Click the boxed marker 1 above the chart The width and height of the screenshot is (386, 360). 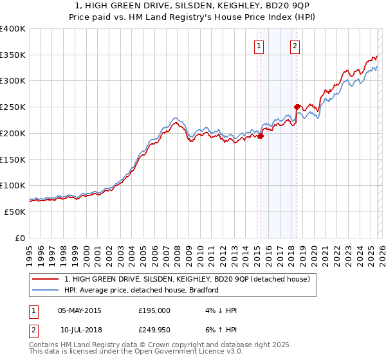pyautogui.click(x=259, y=45)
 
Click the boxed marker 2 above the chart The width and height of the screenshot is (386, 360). pyautogui.click(x=295, y=45)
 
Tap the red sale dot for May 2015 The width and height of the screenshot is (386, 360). pyautogui.click(x=261, y=136)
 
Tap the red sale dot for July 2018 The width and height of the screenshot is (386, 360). pyautogui.click(x=297, y=107)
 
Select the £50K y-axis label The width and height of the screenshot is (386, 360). pyautogui.click(x=14, y=212)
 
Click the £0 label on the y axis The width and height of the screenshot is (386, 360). pyautogui.click(x=21, y=238)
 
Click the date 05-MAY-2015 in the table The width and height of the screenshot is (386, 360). pyautogui.click(x=79, y=310)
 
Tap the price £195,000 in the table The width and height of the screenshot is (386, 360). pyautogui.click(x=154, y=310)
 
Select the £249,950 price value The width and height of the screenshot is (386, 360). pyautogui.click(x=154, y=330)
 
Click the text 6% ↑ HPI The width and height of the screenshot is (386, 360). pyautogui.click(x=220, y=330)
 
